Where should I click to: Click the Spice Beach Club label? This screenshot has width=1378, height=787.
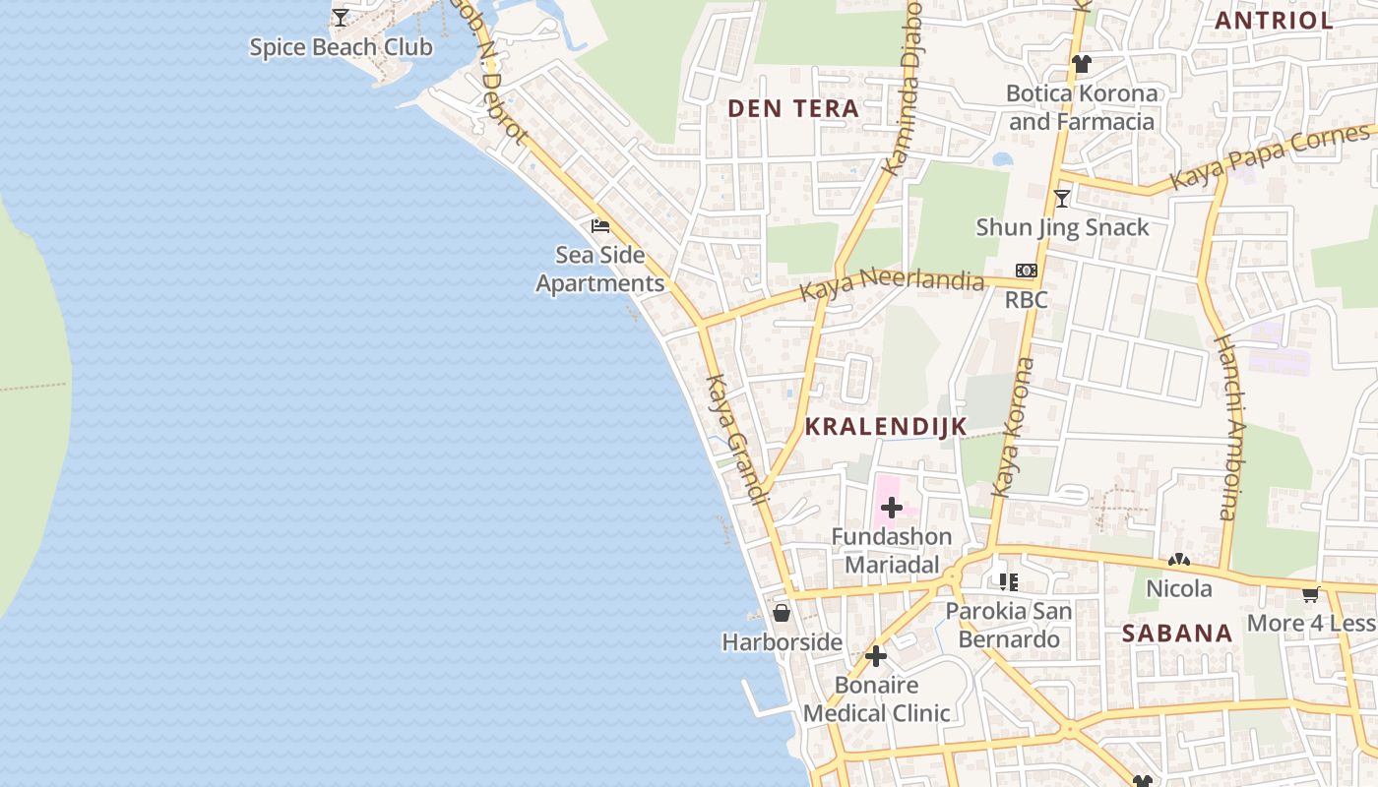tap(341, 47)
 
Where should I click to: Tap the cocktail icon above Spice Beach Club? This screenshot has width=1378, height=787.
tap(341, 18)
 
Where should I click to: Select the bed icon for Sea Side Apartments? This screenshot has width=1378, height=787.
tap(600, 226)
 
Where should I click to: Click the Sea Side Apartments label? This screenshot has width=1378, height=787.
tap(600, 270)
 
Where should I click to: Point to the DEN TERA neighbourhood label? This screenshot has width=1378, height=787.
tap(793, 109)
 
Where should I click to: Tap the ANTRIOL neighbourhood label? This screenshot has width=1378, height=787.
tap(1274, 20)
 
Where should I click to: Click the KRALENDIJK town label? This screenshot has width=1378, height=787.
tap(886, 427)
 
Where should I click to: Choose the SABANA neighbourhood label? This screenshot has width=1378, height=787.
tap(1177, 634)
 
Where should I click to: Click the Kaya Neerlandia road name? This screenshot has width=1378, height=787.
tap(891, 286)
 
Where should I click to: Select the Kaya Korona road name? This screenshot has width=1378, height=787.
tap(1013, 427)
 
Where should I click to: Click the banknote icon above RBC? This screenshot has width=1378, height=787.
tap(1026, 271)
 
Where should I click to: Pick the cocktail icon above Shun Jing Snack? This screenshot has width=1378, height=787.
tap(1062, 199)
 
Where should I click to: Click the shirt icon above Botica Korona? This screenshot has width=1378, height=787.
tap(1082, 65)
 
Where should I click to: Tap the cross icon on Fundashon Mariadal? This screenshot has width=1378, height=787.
tap(892, 508)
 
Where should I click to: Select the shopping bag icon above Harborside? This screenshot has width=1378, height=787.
tap(782, 613)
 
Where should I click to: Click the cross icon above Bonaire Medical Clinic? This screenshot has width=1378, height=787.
tap(876, 656)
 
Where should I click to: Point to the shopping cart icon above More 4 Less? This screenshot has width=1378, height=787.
tap(1310, 594)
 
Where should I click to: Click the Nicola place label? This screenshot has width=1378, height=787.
tap(1179, 588)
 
